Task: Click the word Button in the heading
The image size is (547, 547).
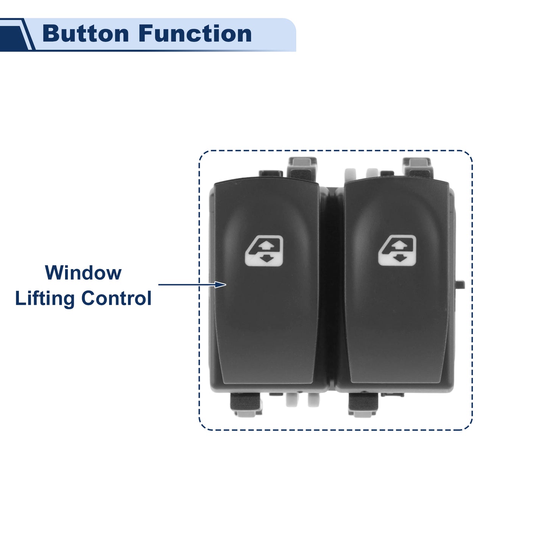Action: pos(86,34)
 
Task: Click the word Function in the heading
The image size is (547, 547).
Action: pos(195,34)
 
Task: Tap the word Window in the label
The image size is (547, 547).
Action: pos(83,273)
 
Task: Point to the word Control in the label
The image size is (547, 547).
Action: pos(116,298)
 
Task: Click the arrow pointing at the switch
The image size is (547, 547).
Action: pos(192,284)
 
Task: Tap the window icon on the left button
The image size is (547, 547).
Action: pos(264,251)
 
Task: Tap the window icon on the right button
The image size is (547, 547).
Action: pos(397,250)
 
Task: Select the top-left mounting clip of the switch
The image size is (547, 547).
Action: pos(302,169)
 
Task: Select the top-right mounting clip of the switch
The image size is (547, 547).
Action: pos(418,168)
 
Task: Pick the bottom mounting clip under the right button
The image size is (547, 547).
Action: pos(364,405)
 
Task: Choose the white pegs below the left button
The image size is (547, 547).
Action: pos(302,400)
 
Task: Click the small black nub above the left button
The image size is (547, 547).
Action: pos(271,173)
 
